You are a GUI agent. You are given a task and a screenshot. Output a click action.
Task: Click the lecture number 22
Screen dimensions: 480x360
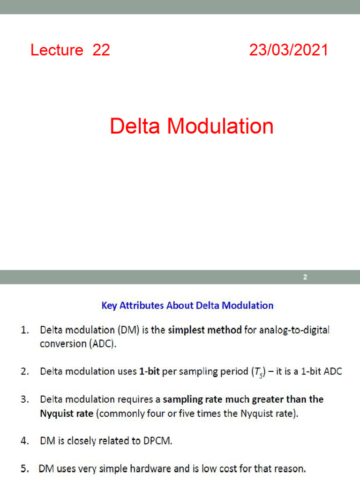[101, 50]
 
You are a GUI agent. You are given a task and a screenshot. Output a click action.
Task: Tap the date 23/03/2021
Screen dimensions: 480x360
[288, 50]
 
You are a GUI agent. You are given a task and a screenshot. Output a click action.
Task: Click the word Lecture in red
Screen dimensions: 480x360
[57, 50]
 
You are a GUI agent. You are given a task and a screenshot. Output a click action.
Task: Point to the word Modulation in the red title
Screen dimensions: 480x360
[220, 127]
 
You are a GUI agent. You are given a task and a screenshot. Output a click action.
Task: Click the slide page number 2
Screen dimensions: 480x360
[305, 277]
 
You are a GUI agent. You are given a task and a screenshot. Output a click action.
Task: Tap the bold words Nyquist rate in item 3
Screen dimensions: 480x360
[67, 414]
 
